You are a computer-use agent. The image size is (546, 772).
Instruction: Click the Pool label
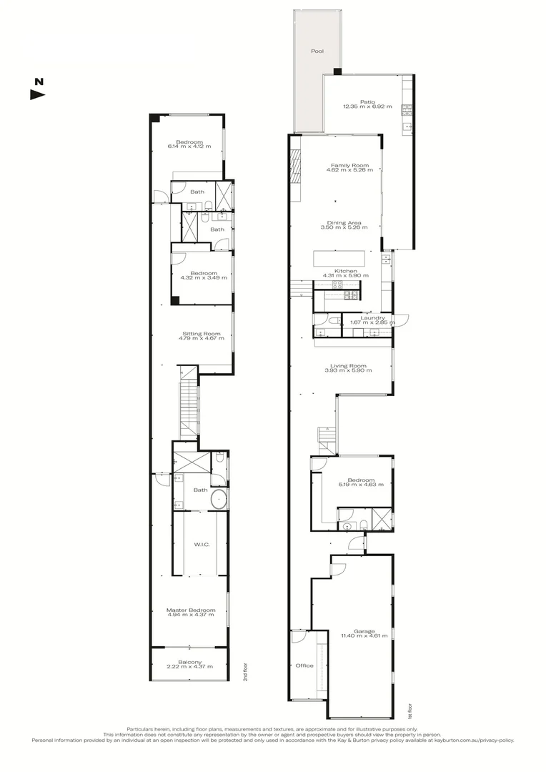coord(317,52)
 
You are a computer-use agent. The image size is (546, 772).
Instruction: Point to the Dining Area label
coord(344,222)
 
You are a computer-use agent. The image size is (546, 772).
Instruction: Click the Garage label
coord(368,631)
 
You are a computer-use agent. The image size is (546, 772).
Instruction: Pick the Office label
coord(304,665)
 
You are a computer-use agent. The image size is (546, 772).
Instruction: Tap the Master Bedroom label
coord(191,609)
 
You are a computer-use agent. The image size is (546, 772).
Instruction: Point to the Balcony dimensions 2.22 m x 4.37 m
coord(190,667)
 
